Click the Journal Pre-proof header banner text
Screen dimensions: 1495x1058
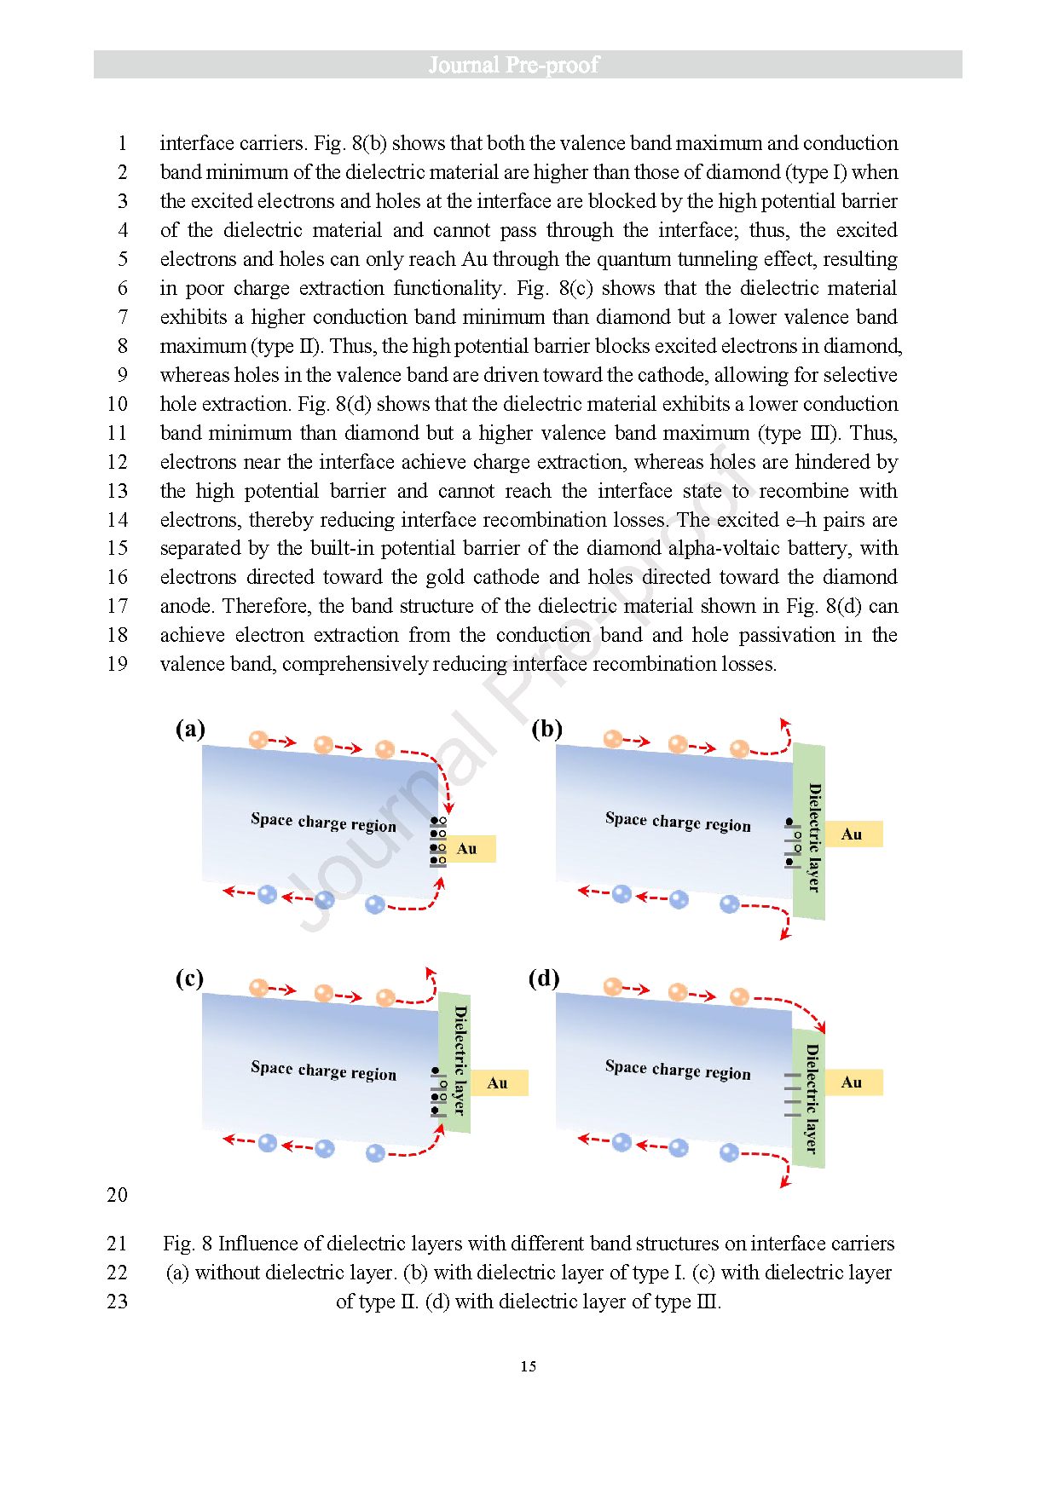coord(514,65)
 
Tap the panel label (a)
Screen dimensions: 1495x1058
coord(190,729)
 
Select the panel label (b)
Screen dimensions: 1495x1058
coord(546,729)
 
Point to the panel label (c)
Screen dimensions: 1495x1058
coord(189,978)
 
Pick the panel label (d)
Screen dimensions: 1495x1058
coord(544,978)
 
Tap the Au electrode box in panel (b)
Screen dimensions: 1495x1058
coord(853,834)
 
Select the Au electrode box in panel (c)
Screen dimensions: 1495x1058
coord(499,1083)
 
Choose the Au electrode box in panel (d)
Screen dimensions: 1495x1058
coord(853,1082)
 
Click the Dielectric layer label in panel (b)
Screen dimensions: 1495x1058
coord(814,837)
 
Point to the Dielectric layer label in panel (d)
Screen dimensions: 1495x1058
coord(812,1099)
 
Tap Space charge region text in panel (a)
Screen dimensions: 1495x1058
coord(323,823)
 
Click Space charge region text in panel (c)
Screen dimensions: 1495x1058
coord(323,1071)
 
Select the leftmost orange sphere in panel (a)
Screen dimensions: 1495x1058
coord(258,740)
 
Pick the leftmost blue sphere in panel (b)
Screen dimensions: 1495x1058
coord(622,893)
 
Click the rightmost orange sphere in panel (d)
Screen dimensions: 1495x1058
coord(739,996)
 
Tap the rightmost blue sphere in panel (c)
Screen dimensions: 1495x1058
coord(375,1153)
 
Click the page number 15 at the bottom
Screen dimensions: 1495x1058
coord(529,1366)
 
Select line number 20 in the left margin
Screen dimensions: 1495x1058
coord(118,1195)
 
